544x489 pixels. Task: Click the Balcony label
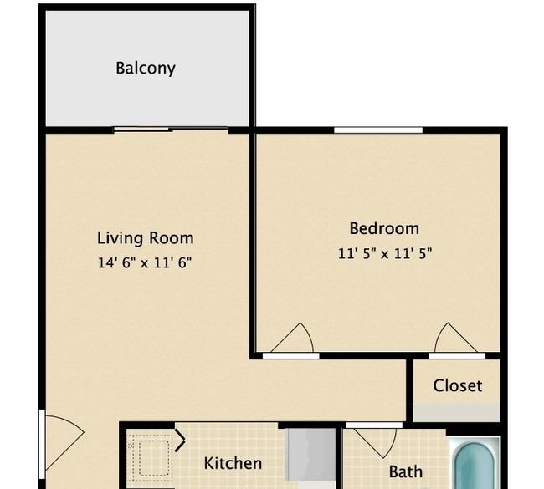[146, 69]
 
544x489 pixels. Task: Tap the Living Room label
[146, 238]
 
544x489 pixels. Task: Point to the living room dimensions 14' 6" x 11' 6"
[145, 262]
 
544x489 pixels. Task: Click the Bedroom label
[384, 228]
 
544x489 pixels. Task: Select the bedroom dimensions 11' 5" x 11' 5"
[385, 253]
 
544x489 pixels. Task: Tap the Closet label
[457, 385]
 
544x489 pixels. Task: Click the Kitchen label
[233, 463]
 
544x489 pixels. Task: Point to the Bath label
[406, 471]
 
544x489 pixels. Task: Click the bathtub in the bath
[475, 464]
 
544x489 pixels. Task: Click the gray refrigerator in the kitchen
[310, 455]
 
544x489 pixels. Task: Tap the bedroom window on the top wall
[378, 130]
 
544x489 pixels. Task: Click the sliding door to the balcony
[171, 130]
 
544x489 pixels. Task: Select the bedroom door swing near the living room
[292, 339]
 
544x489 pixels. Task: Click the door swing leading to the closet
[455, 338]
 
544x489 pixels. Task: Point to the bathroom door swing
[376, 443]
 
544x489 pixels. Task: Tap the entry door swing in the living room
[64, 442]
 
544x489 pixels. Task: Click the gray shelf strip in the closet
[457, 412]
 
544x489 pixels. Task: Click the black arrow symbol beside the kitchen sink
[180, 441]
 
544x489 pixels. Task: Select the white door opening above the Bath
[374, 425]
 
